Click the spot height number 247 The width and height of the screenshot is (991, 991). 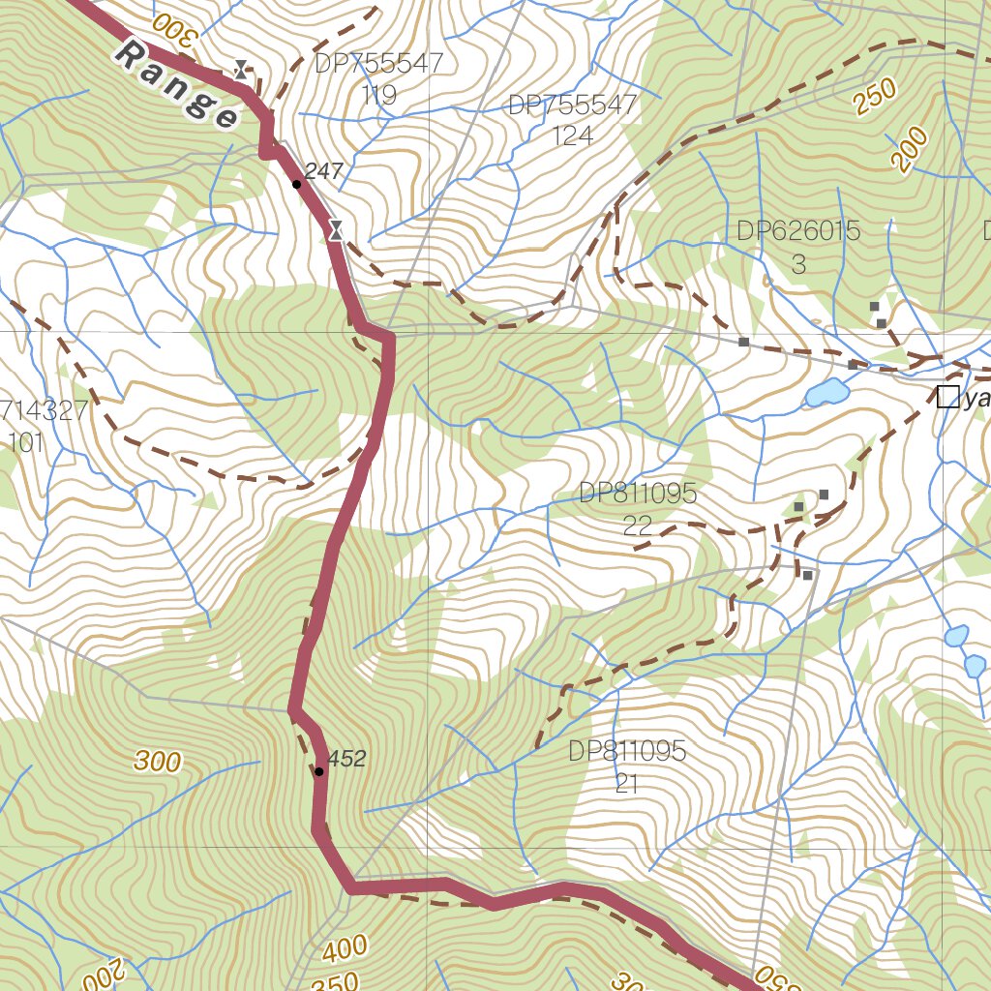pos(324,171)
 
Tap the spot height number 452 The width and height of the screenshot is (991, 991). pos(346,759)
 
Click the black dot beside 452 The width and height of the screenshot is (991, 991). pos(318,771)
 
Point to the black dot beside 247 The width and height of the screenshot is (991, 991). pos(296,184)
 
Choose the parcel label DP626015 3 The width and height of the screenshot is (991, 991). pos(798,247)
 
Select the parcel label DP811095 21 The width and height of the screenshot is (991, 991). pos(627,766)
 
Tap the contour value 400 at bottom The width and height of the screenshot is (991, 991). pos(345,949)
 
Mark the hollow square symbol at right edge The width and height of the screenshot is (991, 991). pos(947,396)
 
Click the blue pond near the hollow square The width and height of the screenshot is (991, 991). pos(826,392)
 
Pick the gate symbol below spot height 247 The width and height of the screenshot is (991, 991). pos(336,229)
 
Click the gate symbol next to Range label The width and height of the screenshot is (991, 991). pos(241,69)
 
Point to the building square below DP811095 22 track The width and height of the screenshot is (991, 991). pos(807,576)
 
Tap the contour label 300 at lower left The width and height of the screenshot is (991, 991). pos(158,762)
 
